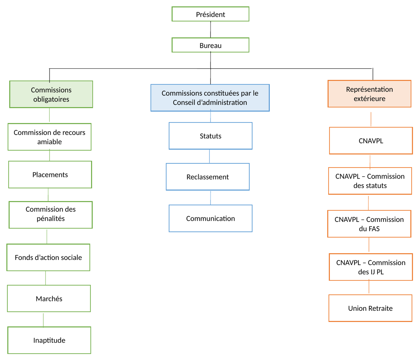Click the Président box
(x=210, y=14)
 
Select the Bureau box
(x=210, y=45)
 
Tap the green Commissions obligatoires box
(x=51, y=94)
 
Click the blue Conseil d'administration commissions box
(x=210, y=98)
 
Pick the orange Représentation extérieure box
(x=369, y=94)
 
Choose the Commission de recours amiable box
(x=49, y=137)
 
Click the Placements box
(x=50, y=175)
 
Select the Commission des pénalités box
(x=51, y=215)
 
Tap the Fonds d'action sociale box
(x=48, y=257)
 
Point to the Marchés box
(x=49, y=299)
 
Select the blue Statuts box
(x=210, y=136)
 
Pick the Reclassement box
(x=208, y=177)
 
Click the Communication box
(x=210, y=219)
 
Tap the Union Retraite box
(x=370, y=308)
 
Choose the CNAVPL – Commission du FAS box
(x=369, y=224)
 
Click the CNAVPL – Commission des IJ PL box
(x=371, y=267)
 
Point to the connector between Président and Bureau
(x=210, y=29)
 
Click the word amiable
(x=49, y=142)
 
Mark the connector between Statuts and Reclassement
(x=209, y=156)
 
